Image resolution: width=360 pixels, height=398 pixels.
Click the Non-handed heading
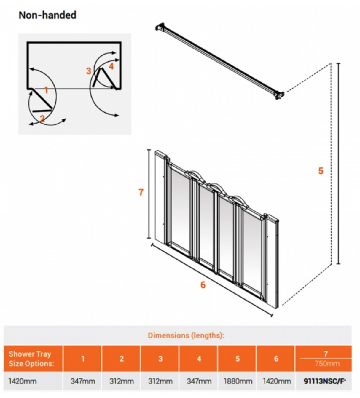[x=47, y=15]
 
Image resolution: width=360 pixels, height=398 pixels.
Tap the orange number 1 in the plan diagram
[x=46, y=90]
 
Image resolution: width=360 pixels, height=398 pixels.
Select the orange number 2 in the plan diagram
[x=42, y=119]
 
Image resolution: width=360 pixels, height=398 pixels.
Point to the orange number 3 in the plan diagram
[x=88, y=71]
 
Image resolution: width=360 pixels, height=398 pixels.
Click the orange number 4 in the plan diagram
[x=111, y=66]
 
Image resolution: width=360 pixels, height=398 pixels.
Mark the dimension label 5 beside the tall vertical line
[x=321, y=171]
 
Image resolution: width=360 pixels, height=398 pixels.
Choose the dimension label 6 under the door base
[x=203, y=285]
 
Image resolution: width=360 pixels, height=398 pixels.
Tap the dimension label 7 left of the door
[x=141, y=192]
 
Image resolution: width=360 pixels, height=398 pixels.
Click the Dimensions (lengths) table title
[x=186, y=335]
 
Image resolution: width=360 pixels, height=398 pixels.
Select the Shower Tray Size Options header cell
[x=30, y=359]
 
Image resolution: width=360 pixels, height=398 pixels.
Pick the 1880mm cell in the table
[x=238, y=381]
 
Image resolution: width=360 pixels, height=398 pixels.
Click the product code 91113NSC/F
[x=325, y=381]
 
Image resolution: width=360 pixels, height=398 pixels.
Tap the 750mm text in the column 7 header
[x=327, y=364]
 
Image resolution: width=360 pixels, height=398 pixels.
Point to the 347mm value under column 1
[x=83, y=381]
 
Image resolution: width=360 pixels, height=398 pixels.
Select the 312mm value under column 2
[x=121, y=381]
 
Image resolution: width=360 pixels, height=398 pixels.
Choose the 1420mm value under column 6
[x=276, y=381]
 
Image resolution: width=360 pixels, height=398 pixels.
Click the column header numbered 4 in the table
[x=199, y=359]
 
